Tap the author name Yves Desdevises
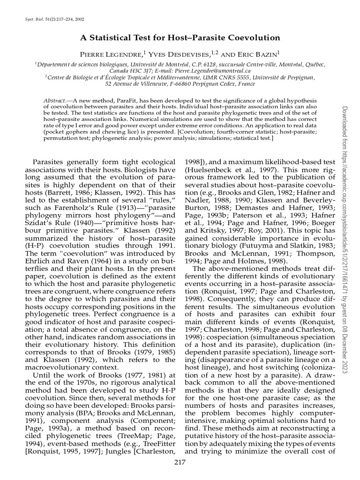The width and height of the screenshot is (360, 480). tap(179, 54)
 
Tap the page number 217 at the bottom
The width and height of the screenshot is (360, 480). tap(180, 462)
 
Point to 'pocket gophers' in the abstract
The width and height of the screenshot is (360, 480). tap(64, 133)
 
